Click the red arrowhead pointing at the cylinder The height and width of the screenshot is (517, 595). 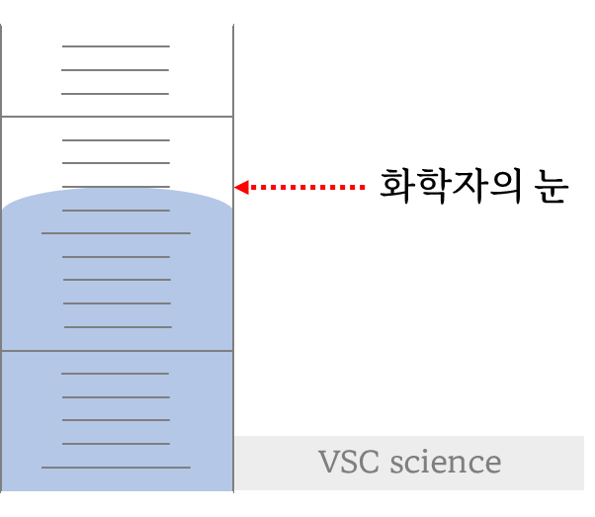point(240,187)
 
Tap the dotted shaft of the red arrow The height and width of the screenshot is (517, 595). point(306,187)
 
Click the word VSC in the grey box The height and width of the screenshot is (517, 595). point(350,463)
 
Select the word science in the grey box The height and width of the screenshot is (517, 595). point(445,463)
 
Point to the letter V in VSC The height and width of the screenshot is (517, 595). point(328,463)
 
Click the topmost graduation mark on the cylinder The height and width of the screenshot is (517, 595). point(116,46)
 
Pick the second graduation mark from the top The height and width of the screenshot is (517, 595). point(116,70)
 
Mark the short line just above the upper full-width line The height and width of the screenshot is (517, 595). point(116,94)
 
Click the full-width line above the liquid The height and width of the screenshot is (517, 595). point(117,117)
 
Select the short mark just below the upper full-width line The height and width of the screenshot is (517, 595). point(116,140)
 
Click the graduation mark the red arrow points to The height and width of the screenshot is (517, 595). point(116,187)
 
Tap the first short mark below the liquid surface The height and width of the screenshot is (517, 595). point(116,211)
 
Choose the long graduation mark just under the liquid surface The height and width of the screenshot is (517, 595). point(116,233)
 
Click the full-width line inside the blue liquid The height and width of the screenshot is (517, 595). point(117,351)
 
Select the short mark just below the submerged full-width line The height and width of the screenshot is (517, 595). point(116,374)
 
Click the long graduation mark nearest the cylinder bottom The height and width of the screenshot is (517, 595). point(116,467)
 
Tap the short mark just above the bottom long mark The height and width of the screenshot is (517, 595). point(116,444)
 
